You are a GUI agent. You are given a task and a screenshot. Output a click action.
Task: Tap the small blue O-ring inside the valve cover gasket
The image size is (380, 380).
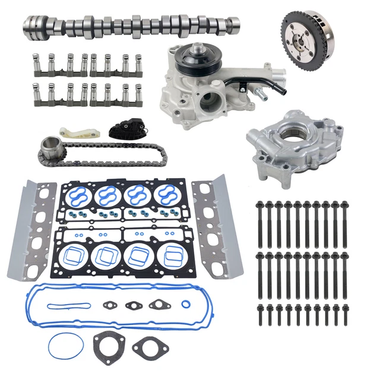185,306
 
